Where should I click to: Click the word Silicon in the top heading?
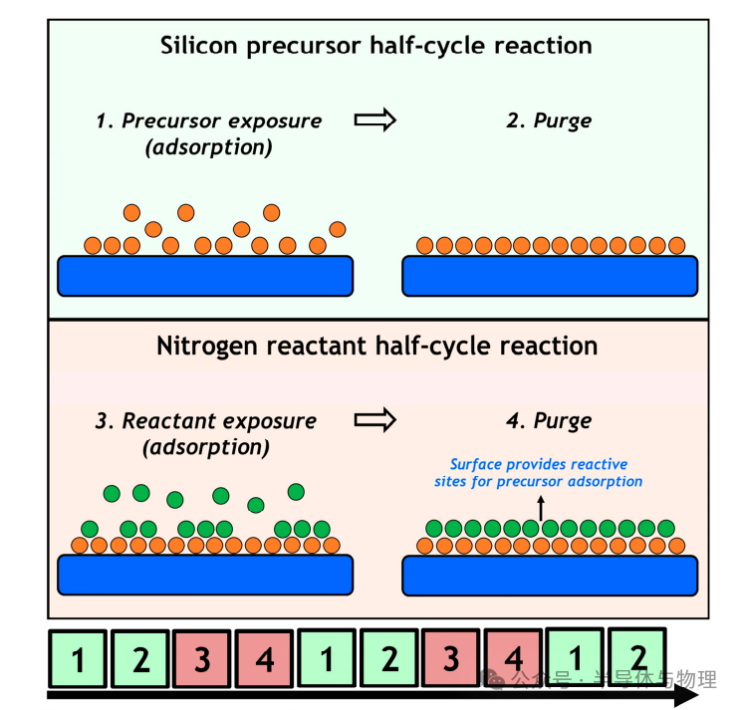coord(199,46)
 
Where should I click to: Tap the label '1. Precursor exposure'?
coord(209,120)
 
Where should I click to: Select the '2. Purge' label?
coord(549,120)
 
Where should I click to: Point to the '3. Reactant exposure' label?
coord(206,421)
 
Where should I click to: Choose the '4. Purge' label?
coord(549,421)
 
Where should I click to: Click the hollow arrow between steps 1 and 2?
coord(375,119)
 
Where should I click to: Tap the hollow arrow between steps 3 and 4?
coord(375,420)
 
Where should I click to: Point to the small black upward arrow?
coord(541,508)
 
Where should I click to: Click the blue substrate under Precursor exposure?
coord(205,277)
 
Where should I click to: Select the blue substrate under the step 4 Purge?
coord(550,576)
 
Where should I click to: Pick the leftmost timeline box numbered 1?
coord(78,658)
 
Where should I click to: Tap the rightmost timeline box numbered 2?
coord(637,657)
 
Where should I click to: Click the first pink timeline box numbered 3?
coord(202,658)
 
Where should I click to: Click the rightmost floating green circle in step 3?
coord(296,492)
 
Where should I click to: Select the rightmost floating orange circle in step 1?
coord(338,230)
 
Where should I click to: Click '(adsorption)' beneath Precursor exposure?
coord(209,147)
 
